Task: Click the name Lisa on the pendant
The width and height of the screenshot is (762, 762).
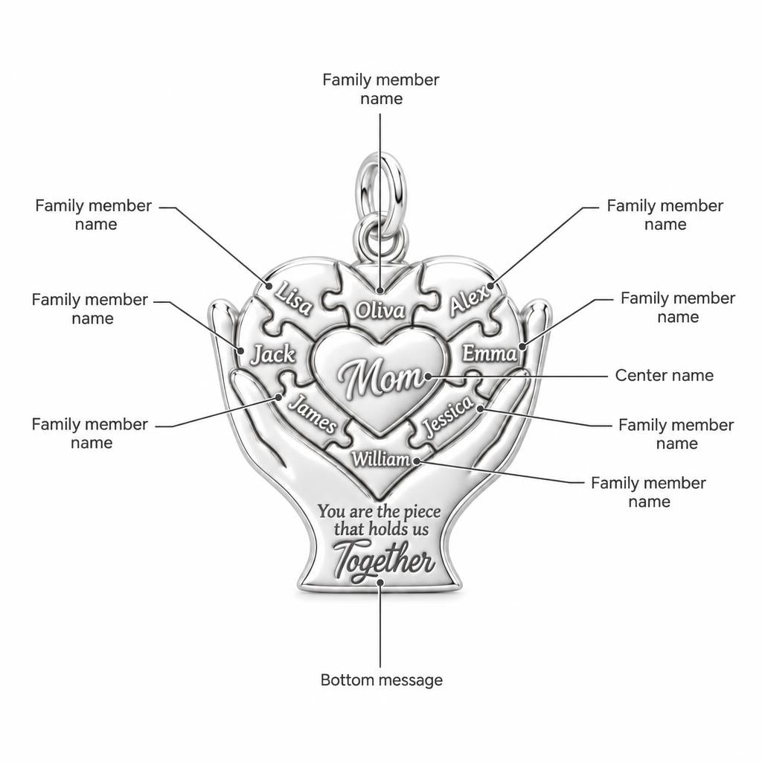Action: click(x=293, y=299)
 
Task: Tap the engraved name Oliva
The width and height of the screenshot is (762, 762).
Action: click(x=380, y=310)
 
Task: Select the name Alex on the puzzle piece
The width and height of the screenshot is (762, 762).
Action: click(x=468, y=301)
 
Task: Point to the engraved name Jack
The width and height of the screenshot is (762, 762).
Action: click(x=273, y=354)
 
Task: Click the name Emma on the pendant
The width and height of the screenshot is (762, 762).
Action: click(x=489, y=353)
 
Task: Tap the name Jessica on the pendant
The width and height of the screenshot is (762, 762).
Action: click(x=446, y=415)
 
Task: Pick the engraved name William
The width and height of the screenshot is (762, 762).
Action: click(x=381, y=458)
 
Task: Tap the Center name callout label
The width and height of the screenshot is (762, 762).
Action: click(x=665, y=375)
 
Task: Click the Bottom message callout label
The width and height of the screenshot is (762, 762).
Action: click(x=382, y=679)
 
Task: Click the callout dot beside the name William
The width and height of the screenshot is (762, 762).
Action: click(x=417, y=460)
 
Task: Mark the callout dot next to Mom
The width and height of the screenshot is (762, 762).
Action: click(x=428, y=376)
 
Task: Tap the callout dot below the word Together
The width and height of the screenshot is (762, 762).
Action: click(x=380, y=582)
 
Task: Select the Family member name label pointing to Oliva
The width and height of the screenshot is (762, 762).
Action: click(x=381, y=89)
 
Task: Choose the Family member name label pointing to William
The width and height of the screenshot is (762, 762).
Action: click(x=648, y=492)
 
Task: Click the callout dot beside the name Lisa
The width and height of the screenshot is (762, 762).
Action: click(x=268, y=286)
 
